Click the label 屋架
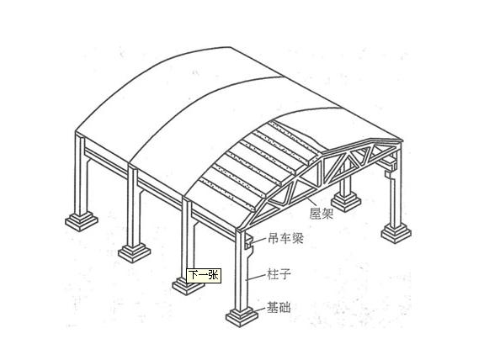(322, 213)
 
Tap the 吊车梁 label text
(285, 238)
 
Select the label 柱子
(279, 273)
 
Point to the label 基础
(279, 307)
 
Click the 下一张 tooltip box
(204, 275)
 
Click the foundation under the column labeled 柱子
(242, 317)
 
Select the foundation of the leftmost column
(82, 221)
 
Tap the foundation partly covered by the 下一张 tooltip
(188, 286)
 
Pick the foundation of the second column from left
(135, 253)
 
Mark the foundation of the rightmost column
(396, 233)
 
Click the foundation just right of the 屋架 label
(346, 202)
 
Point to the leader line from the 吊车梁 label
(259, 241)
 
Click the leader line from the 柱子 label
(256, 277)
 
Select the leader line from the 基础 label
(258, 310)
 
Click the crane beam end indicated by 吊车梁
(249, 241)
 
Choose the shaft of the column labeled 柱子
(241, 272)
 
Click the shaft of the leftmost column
(80, 174)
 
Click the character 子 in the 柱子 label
(285, 273)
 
